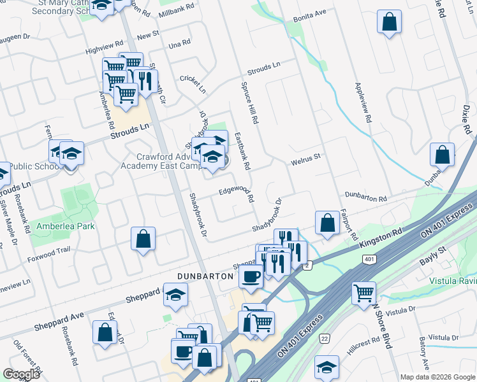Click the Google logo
pyautogui.click(x=22, y=374)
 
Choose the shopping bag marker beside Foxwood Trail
pyautogui.click(x=143, y=239)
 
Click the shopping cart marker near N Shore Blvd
pyautogui.click(x=364, y=293)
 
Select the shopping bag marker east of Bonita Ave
pyautogui.click(x=389, y=22)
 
